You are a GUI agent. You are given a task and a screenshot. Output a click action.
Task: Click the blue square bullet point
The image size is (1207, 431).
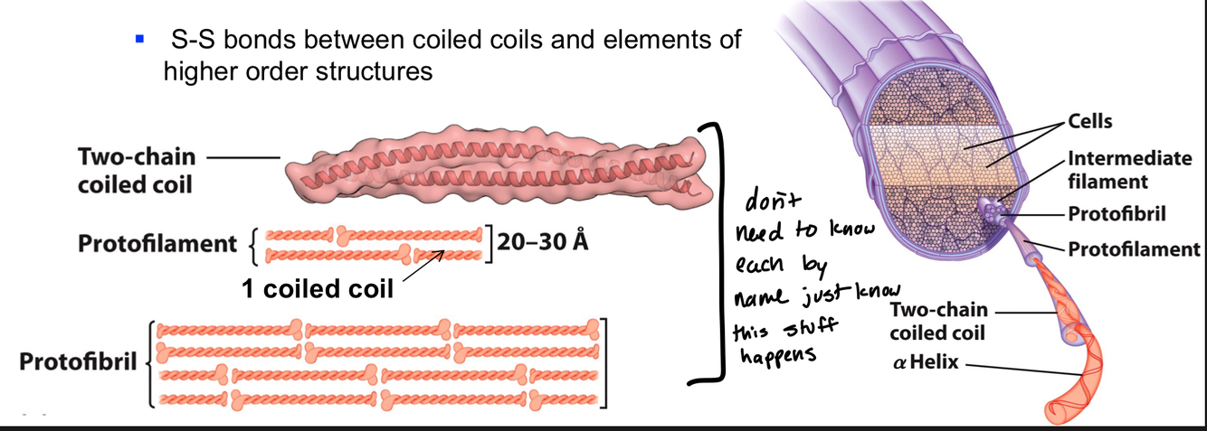(x=139, y=40)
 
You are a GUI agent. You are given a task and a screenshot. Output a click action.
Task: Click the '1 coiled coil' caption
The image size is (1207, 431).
(x=318, y=289)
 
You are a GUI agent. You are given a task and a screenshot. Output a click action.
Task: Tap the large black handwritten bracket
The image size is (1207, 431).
(x=714, y=253)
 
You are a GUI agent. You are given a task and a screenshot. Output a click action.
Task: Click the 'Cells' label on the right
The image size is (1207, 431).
(x=1090, y=121)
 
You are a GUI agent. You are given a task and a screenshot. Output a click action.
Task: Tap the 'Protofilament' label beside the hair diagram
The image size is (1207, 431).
(x=1134, y=248)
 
